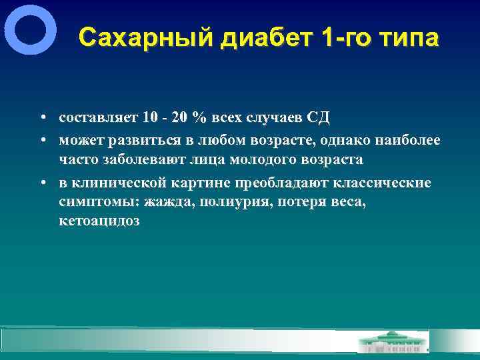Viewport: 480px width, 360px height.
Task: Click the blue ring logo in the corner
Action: tap(30, 29)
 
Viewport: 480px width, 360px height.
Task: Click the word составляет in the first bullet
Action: tap(97, 119)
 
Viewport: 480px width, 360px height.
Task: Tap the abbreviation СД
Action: tap(317, 119)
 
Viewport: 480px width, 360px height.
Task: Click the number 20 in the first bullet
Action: tap(177, 119)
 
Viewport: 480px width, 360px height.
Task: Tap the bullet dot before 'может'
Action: tap(42, 140)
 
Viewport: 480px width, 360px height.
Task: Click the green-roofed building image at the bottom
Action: tap(393, 341)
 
